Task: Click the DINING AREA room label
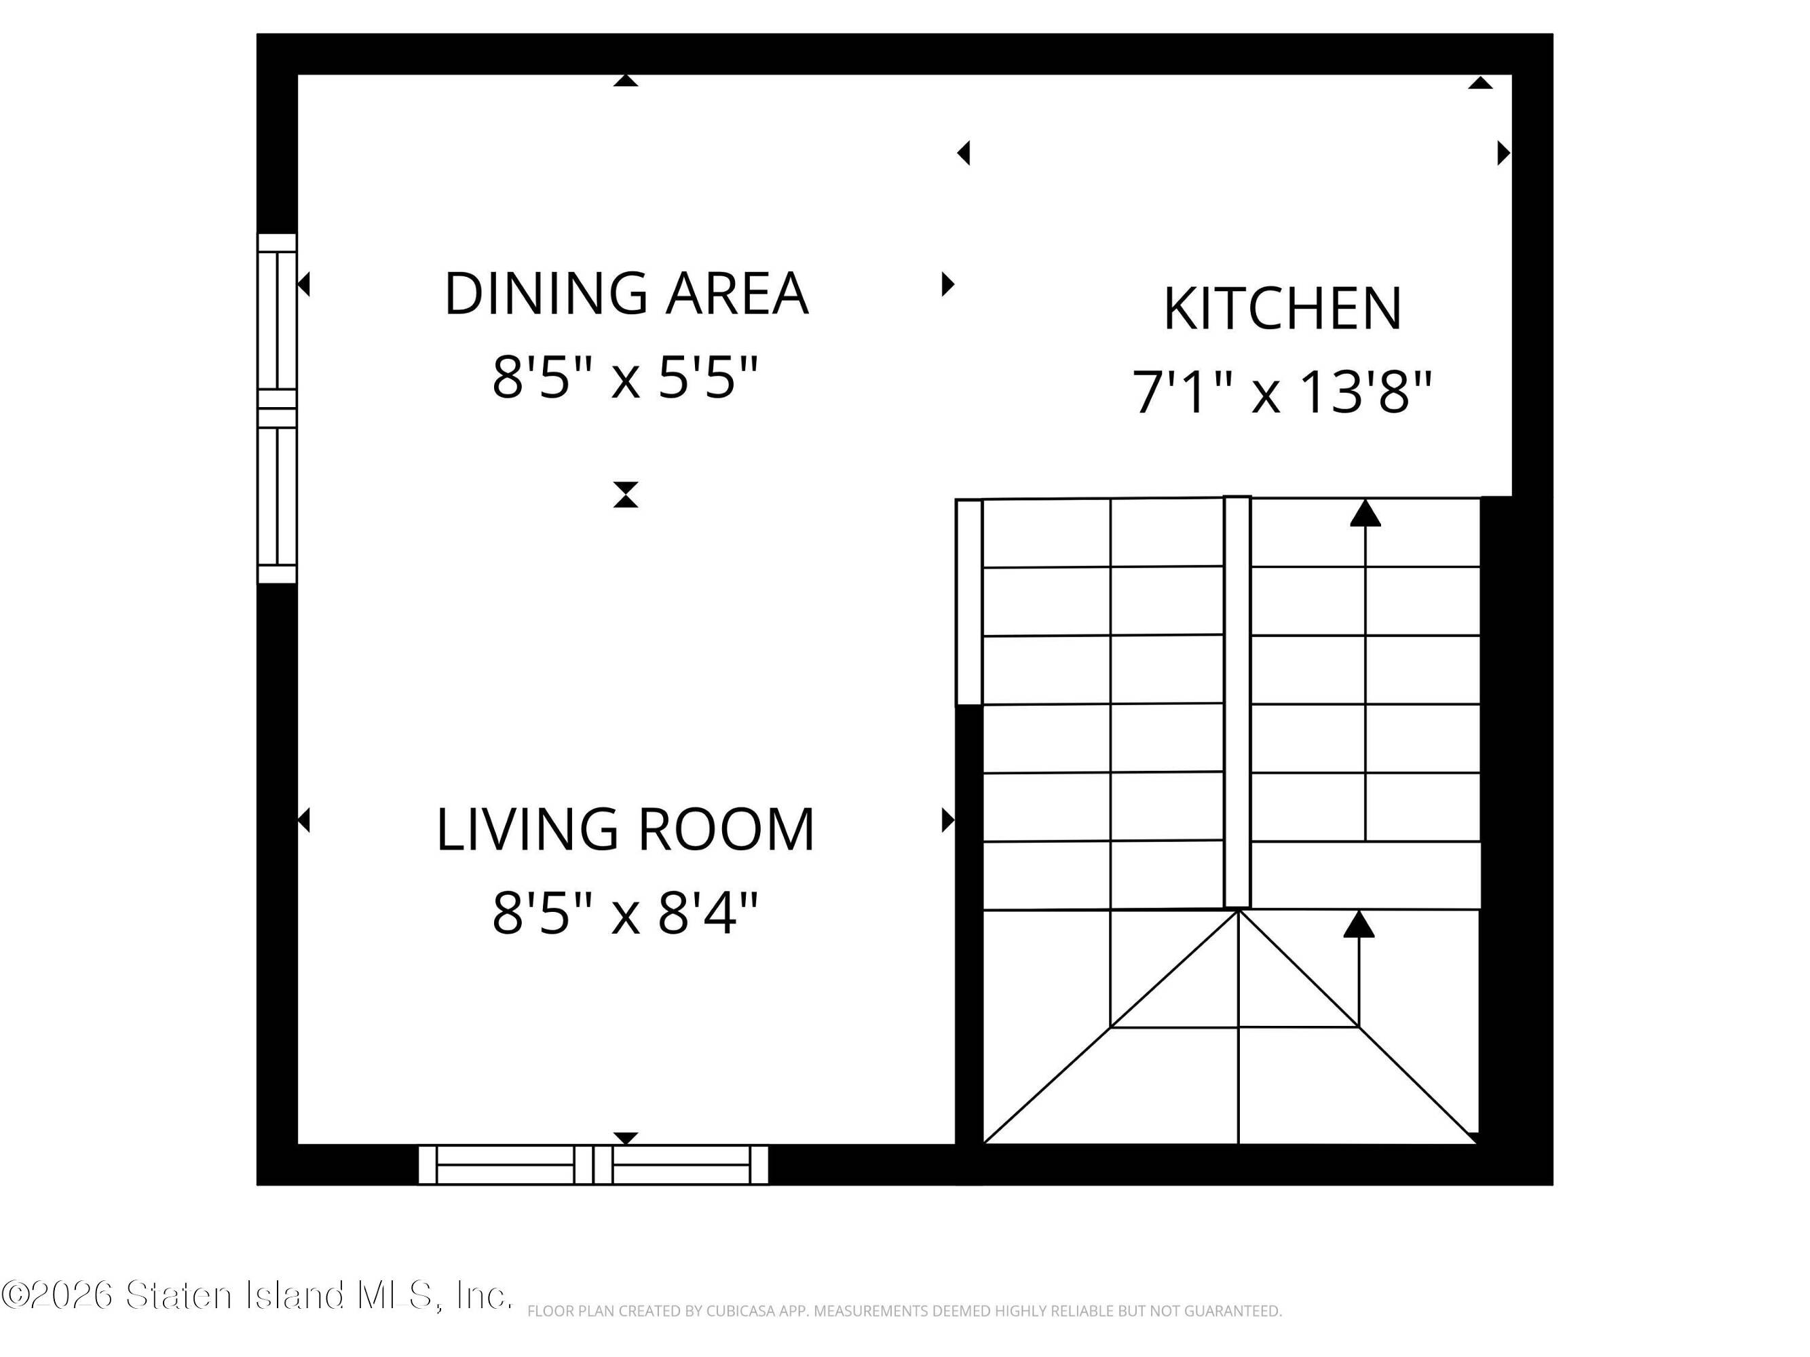click(626, 293)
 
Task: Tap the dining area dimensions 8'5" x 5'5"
click(626, 377)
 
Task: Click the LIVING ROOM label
click(626, 829)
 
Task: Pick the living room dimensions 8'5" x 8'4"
click(626, 913)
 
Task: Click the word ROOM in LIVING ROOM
click(725, 829)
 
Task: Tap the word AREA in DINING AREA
click(736, 293)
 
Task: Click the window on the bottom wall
click(593, 1165)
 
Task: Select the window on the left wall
click(278, 408)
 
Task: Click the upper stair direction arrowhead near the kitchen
click(1365, 513)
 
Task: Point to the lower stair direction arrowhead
click(1359, 923)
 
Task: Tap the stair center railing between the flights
click(1237, 702)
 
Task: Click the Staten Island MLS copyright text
click(257, 1295)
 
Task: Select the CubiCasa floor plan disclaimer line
click(904, 1311)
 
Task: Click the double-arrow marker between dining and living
click(626, 495)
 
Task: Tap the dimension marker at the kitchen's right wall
click(1504, 153)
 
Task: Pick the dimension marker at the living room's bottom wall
click(626, 1138)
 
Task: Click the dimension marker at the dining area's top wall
click(626, 80)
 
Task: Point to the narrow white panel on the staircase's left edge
click(969, 601)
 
